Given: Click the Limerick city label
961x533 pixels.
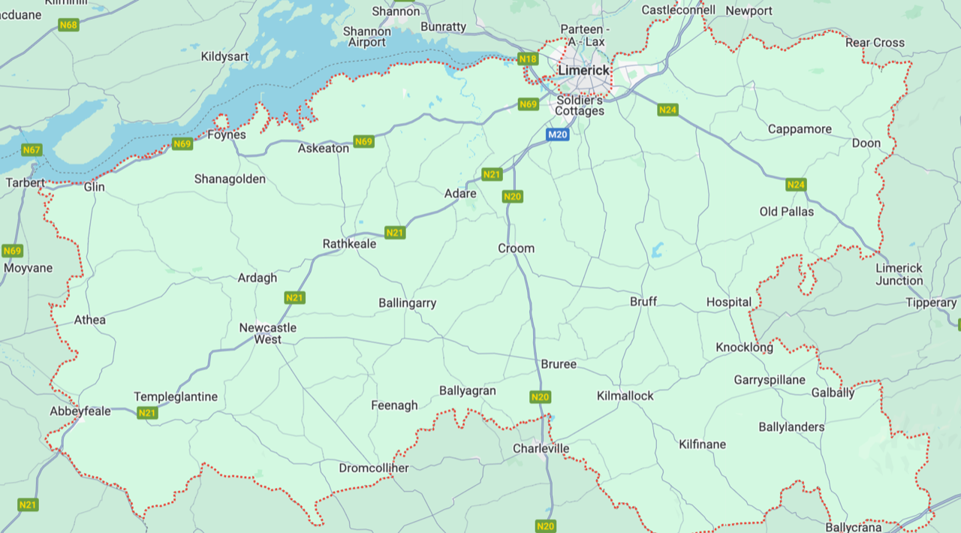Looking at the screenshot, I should pos(584,70).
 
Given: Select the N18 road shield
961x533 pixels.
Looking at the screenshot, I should pos(529,59).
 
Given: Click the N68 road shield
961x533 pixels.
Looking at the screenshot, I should pos(68,25).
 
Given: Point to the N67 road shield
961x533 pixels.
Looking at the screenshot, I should pos(32,150).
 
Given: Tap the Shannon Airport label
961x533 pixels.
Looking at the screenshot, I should pos(367,37).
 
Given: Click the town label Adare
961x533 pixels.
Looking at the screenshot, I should pos(460,194).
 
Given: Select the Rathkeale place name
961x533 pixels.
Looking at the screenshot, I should pos(349,244).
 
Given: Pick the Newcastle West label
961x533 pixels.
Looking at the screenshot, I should pos(267,333).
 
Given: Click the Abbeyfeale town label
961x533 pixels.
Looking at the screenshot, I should pos(80,411).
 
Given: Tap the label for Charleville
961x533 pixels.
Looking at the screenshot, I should pos(541,449).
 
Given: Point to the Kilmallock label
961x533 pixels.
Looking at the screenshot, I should pos(625,396).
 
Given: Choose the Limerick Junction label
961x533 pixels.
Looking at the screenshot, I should pos(899,275).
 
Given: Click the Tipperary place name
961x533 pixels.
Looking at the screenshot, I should pos(931,303).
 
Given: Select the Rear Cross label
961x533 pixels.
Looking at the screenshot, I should pos(875,43).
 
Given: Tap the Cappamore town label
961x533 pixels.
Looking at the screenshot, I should pos(800,129).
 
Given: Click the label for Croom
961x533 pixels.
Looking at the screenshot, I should pos(517,248).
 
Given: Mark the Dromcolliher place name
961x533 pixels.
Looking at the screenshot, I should pos(374,468).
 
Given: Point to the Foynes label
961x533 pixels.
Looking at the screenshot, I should pos(227,135).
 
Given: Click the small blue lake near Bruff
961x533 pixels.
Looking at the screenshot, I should pos(658,250).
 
